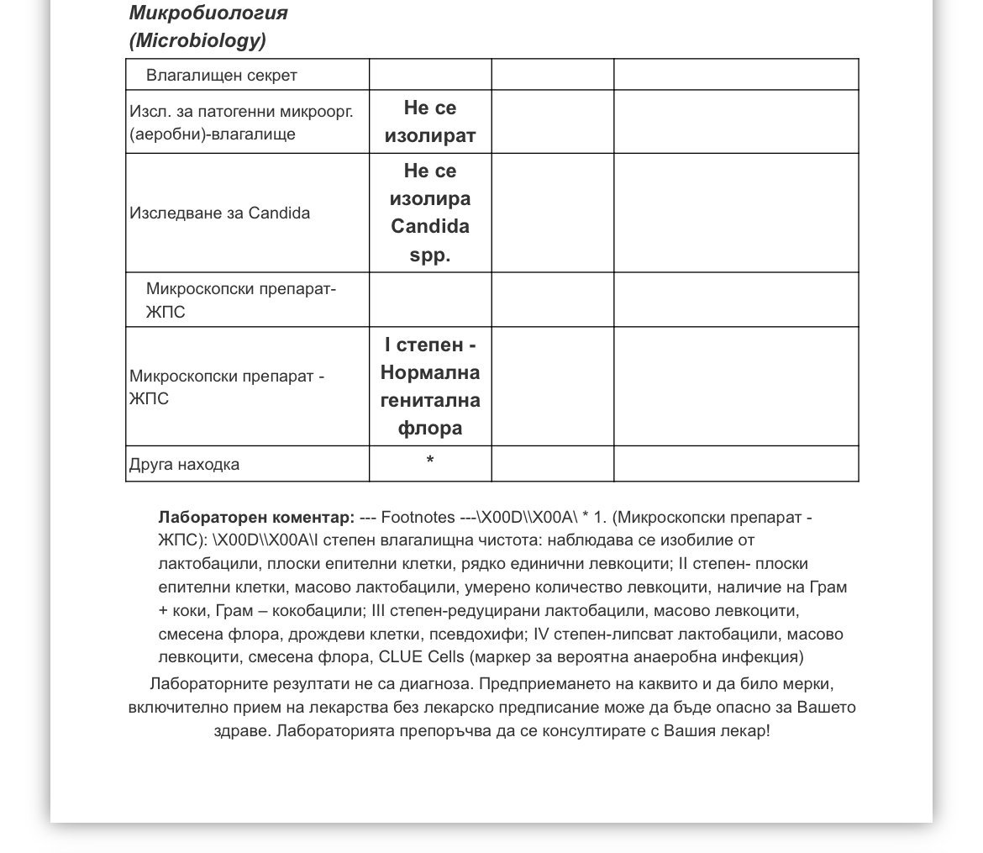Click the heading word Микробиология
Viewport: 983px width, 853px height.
pos(208,13)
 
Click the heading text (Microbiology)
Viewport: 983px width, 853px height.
pos(197,40)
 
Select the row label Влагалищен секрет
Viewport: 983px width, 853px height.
pos(222,76)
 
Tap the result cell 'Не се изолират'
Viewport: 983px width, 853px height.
pos(430,122)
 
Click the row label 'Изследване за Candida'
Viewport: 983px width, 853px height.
pos(219,213)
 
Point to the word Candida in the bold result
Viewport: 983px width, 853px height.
pos(430,227)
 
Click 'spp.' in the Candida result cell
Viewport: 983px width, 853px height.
pos(430,255)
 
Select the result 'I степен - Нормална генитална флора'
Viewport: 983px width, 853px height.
pos(430,387)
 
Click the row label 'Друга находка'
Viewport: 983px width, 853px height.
pos(184,465)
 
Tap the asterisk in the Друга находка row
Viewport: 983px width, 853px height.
pos(430,461)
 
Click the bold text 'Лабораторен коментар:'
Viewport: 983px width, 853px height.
pos(256,517)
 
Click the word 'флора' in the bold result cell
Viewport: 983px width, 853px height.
pos(430,429)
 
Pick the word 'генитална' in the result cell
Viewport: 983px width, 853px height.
pos(430,401)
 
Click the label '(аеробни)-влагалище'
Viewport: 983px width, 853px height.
pos(213,134)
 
